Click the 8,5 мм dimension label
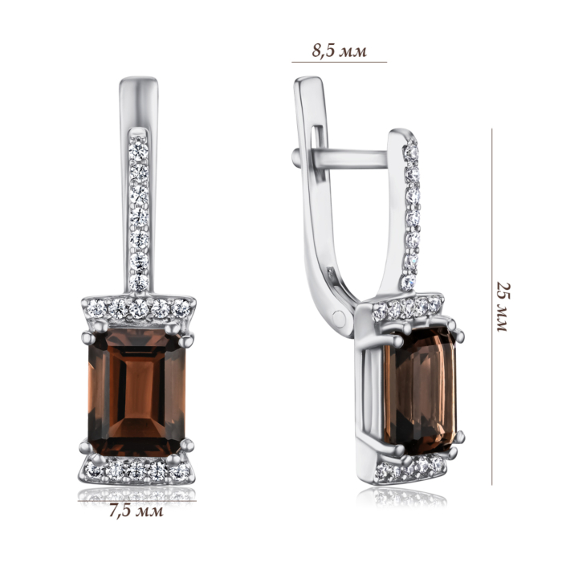click(339, 51)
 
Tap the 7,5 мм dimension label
click(136, 511)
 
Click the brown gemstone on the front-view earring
click(136, 393)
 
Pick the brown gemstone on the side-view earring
click(420, 391)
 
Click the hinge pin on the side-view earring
click(339, 318)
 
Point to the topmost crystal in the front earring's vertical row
click(138, 151)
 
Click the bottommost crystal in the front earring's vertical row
click(139, 283)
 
